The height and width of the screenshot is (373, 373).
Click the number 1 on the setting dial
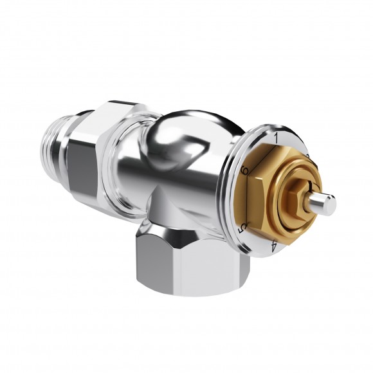(276, 137)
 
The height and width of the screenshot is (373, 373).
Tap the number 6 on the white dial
(244, 170)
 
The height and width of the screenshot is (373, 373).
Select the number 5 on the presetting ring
(242, 228)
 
